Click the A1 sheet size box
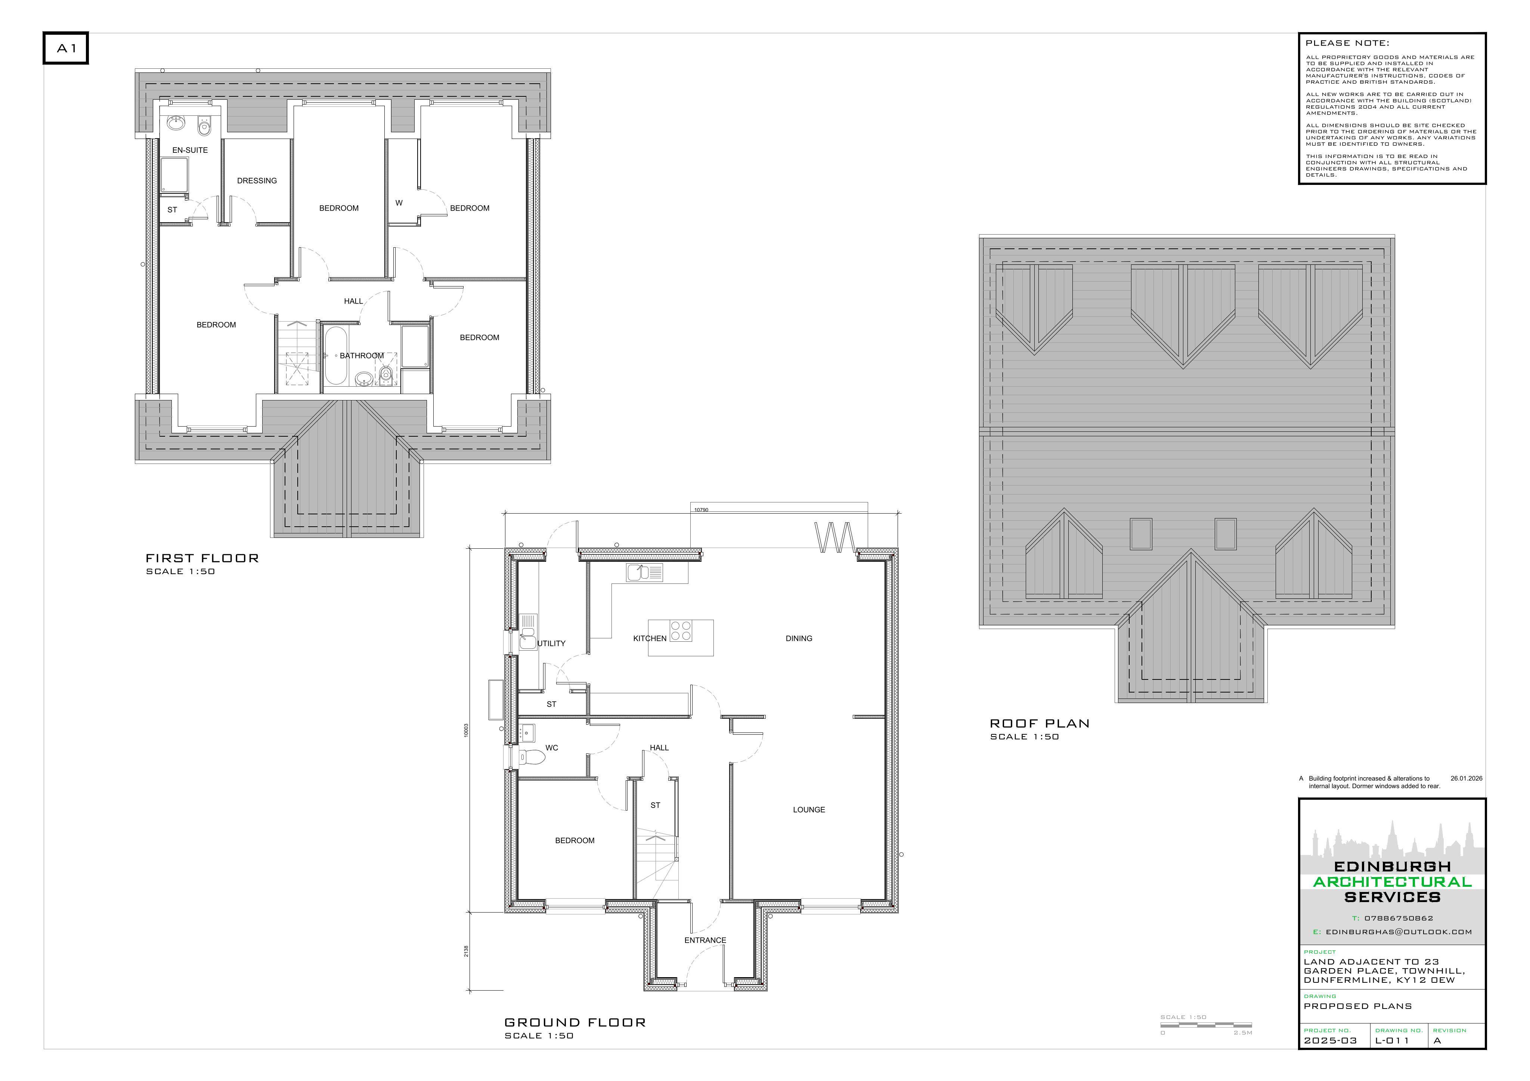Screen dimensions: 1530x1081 (x=66, y=48)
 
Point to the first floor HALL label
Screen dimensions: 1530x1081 (x=353, y=301)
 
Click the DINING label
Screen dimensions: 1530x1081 (x=799, y=638)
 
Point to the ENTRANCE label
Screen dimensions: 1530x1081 (x=705, y=941)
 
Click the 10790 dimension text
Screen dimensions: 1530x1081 (x=701, y=510)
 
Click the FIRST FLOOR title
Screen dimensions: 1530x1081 (x=202, y=558)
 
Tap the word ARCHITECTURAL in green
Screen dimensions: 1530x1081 (x=1392, y=882)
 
